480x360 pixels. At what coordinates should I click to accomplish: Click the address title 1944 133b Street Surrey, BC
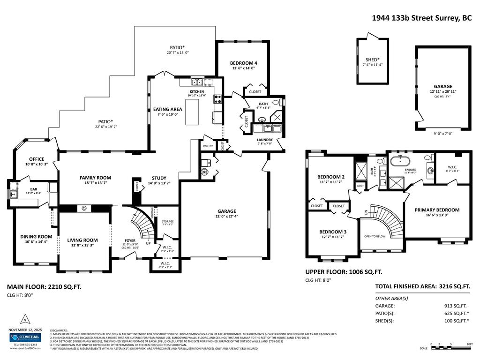click(421, 18)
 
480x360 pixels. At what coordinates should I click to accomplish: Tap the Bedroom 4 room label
click(243, 63)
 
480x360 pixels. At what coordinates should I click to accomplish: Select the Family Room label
click(95, 178)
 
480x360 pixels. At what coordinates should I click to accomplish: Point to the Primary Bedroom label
click(437, 210)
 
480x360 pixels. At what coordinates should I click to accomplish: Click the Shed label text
click(373, 60)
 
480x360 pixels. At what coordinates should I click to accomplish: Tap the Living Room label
click(82, 240)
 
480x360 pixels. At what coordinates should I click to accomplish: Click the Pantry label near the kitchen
click(208, 146)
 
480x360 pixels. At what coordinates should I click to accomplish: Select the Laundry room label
click(264, 140)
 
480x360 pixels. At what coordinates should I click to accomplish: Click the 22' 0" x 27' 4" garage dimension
click(226, 217)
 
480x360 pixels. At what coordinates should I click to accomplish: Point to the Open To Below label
click(375, 236)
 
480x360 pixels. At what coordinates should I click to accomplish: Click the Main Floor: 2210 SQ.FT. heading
click(44, 286)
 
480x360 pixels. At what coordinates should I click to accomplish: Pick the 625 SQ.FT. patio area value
click(450, 313)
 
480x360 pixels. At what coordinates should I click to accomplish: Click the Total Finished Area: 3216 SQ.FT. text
click(422, 286)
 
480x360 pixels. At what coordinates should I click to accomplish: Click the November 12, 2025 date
click(25, 330)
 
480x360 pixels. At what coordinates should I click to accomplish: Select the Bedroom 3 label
click(333, 232)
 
